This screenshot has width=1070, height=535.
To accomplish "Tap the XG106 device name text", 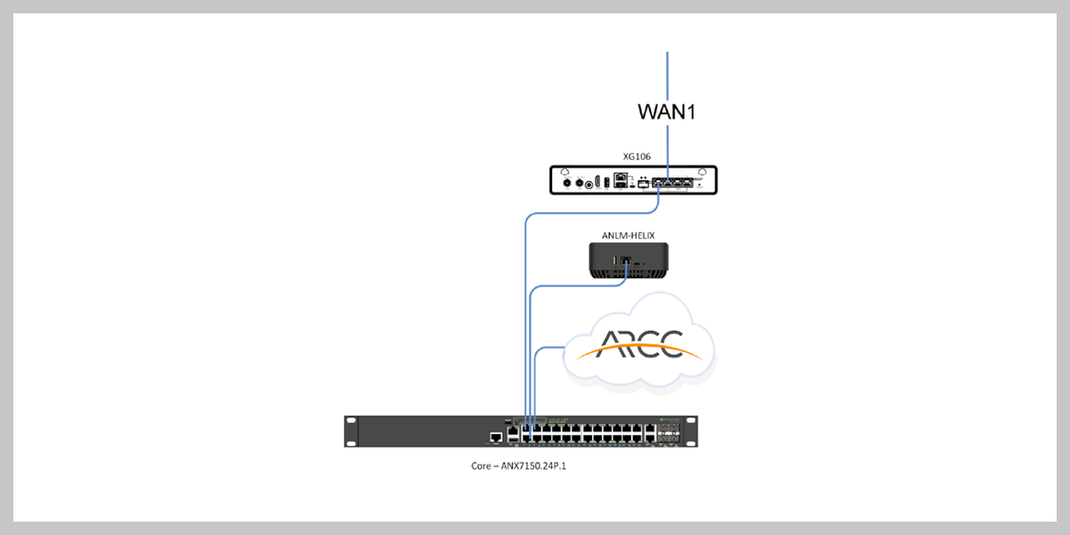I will point(637,156).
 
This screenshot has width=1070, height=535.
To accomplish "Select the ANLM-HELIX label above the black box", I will point(629,235).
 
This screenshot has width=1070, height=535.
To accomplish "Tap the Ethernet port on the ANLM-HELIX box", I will point(625,262).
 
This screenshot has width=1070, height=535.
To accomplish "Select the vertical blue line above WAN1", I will point(667,76).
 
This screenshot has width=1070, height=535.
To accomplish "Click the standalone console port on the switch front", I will point(496,438).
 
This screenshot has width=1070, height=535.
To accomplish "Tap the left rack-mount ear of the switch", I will point(350,431).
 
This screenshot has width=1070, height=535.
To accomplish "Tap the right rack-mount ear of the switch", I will point(693,431).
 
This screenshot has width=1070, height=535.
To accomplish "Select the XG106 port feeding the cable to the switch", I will point(657,185).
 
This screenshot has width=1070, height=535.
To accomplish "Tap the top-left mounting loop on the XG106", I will point(565,171).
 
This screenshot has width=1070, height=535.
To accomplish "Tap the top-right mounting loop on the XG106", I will point(702,171).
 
